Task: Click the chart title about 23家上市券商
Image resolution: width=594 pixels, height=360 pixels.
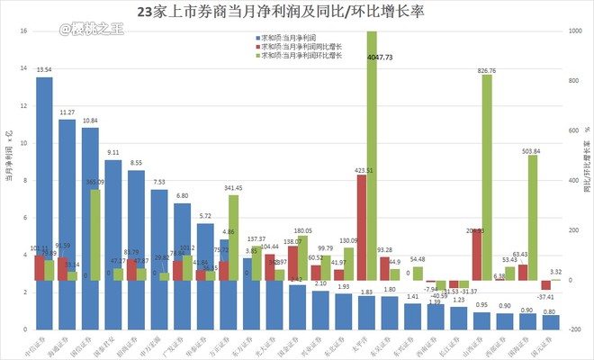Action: click(296, 13)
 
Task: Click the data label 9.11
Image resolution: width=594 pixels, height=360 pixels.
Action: click(112, 153)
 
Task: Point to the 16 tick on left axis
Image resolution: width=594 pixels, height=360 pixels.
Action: click(22, 31)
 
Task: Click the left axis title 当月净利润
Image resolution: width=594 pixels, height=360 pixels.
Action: click(8, 180)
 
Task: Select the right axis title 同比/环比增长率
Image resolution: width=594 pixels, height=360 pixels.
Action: click(586, 180)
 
